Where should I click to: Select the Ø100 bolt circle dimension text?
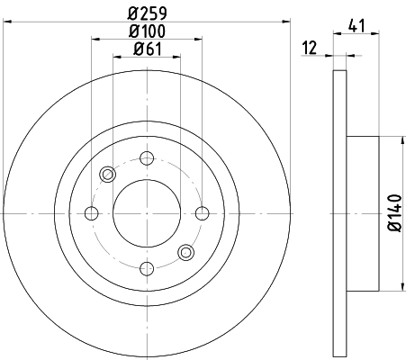[146, 31]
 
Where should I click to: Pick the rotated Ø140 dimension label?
[394, 214]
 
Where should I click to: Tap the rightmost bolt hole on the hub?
[201, 213]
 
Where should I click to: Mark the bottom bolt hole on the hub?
[146, 268]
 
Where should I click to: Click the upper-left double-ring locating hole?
[108, 175]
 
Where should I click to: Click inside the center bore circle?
[146, 213]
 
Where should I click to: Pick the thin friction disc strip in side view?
[339, 213]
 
